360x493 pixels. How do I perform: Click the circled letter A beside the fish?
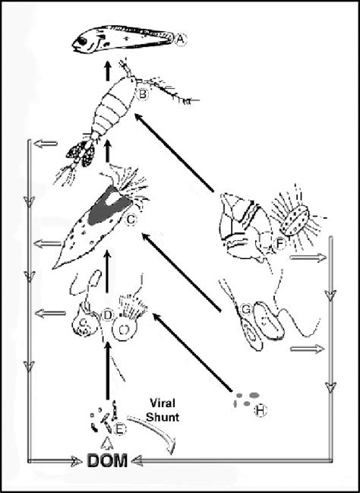coord(181,41)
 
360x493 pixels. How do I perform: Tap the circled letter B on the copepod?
coord(141,95)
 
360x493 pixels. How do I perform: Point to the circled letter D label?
coord(108,313)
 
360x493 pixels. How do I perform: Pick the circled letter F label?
coord(280,245)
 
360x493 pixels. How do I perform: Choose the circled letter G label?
coord(245,310)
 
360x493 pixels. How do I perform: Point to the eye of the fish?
coord(85,43)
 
